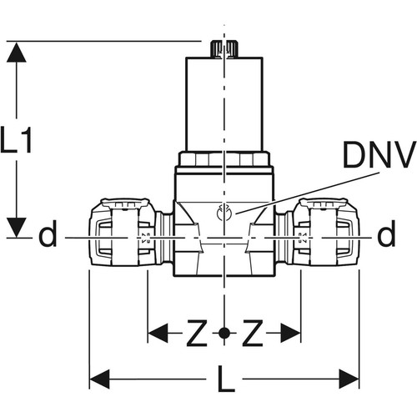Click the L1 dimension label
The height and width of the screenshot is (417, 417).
[x=16, y=139]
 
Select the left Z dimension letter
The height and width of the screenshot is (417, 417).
[x=197, y=333]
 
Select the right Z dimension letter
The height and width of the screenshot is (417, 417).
[x=253, y=333]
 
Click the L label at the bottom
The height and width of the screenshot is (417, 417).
[x=226, y=379]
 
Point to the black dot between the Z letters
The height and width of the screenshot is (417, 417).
[x=224, y=333]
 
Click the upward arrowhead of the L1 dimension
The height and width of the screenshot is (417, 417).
[x=17, y=52]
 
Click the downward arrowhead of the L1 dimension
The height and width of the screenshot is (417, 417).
[x=17, y=228]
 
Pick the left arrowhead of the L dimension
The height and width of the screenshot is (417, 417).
[x=99, y=379]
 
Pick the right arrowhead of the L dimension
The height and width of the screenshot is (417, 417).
[x=349, y=379]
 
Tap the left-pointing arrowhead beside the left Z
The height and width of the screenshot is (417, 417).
[x=158, y=333]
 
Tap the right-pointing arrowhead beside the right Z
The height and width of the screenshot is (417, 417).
[x=290, y=333]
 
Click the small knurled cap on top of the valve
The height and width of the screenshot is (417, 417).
[x=224, y=49]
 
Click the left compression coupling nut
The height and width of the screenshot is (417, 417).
[x=123, y=232]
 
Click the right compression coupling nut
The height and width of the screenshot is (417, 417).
[x=326, y=232]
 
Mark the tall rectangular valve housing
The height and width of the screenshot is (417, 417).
[x=224, y=104]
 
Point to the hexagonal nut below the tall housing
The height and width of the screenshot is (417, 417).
[x=224, y=159]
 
